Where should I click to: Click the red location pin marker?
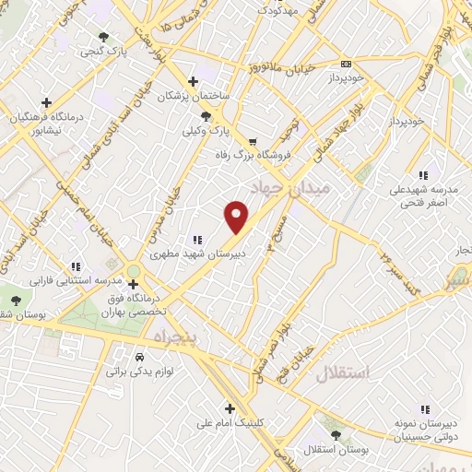click(237, 217)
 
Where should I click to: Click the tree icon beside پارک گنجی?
click(103, 38)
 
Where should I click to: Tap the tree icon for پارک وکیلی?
click(206, 117)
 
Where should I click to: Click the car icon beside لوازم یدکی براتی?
click(139, 356)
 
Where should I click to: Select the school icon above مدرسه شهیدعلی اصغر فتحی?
click(423, 174)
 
